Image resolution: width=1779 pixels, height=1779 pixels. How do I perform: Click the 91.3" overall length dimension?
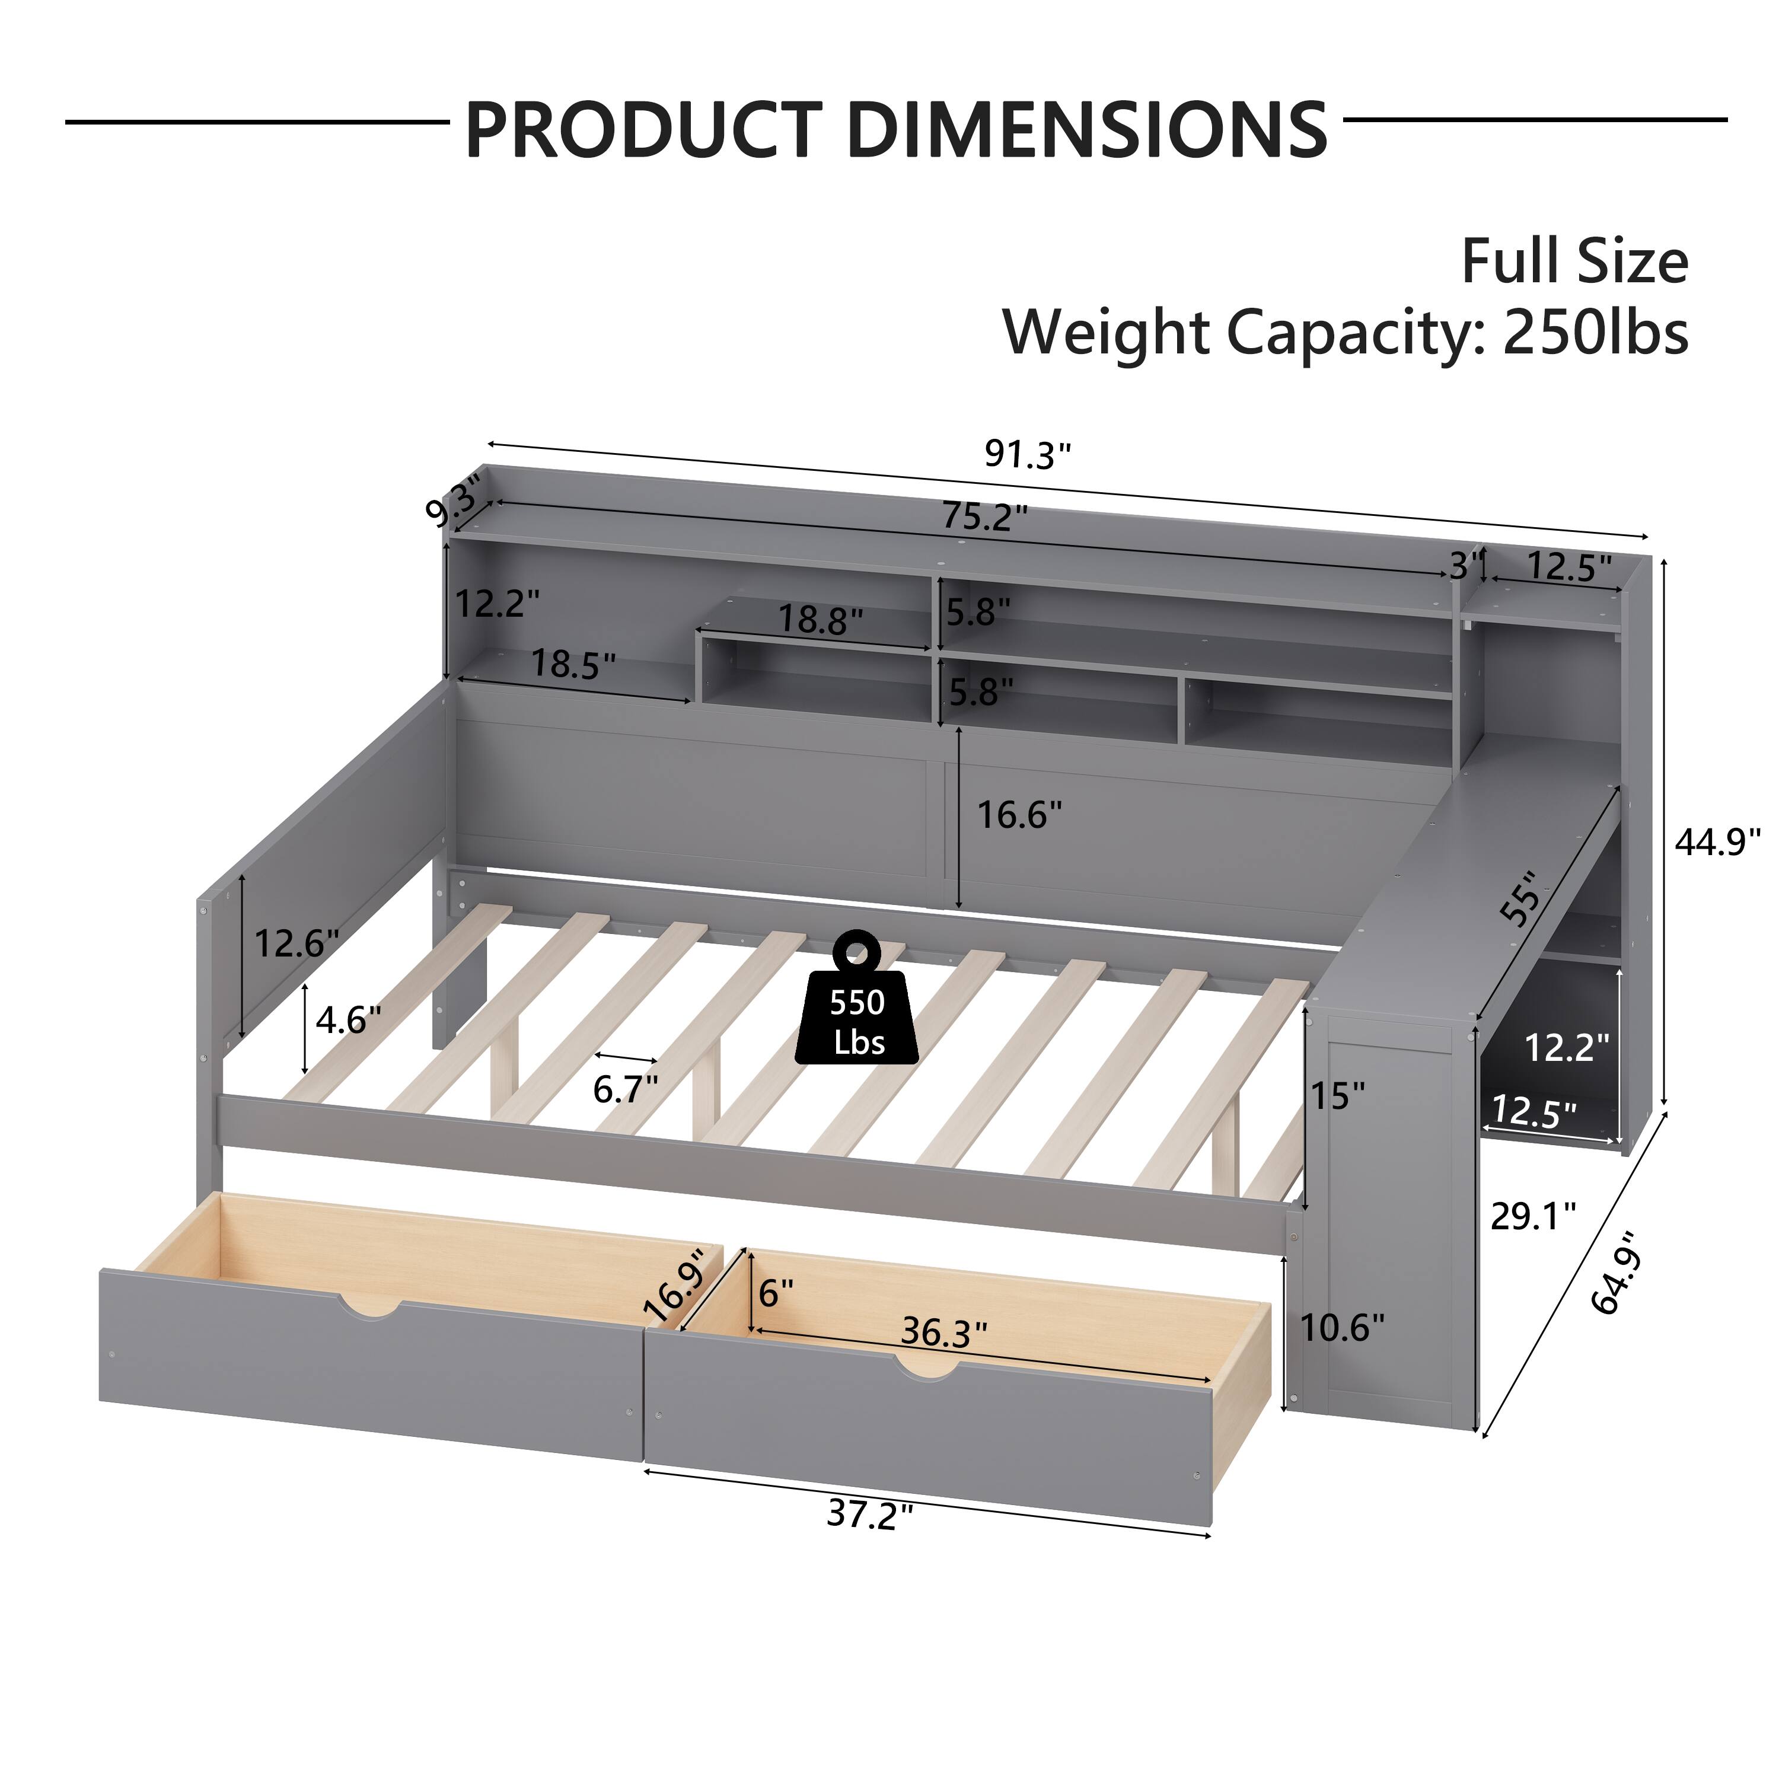point(1028,454)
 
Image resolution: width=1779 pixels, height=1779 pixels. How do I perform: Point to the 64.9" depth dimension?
point(1617,1271)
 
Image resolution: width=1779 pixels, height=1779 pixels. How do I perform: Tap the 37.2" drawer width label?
point(869,1514)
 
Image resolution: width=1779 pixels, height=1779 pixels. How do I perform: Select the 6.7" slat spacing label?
point(625,1089)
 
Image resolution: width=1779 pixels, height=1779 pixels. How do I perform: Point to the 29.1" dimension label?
point(1533,1216)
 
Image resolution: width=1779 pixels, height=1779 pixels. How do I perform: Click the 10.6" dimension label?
point(1341,1327)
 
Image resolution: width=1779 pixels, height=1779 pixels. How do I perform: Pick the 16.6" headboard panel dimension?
point(1018,814)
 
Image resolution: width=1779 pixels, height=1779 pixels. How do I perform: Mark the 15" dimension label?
point(1337,1096)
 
